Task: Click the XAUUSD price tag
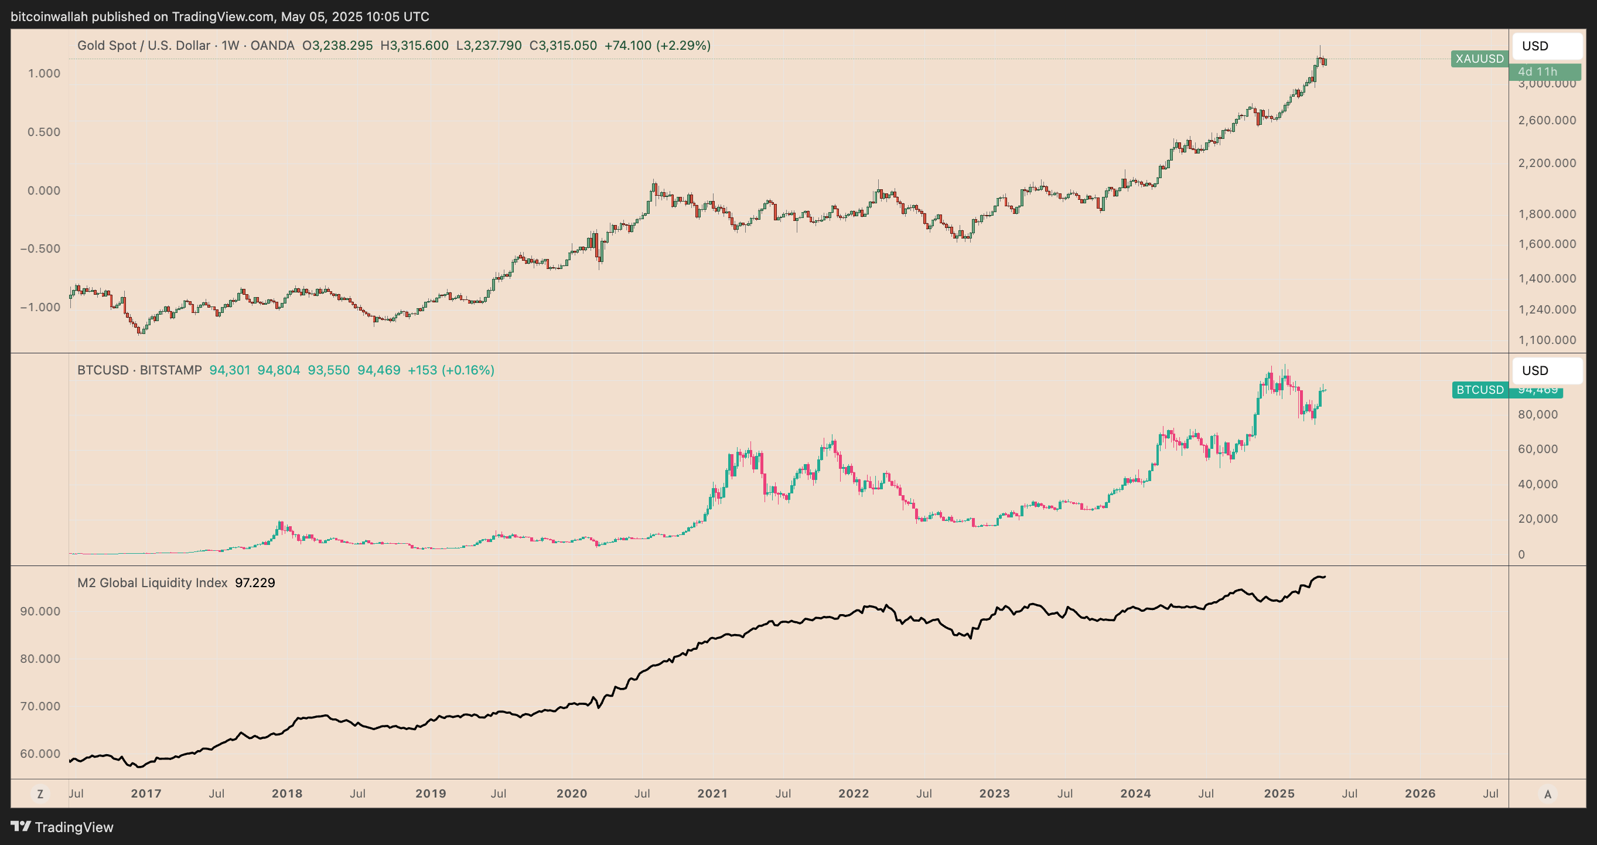pos(1479,59)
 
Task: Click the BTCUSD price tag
pos(1480,390)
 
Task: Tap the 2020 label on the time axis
pos(572,793)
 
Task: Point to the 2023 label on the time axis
pos(994,793)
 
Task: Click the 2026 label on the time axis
pos(1419,793)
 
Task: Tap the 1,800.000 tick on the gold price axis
pos(1547,214)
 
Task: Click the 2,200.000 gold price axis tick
pos(1547,163)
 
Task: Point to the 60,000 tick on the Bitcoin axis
pos(1537,449)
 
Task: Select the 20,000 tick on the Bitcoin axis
pos(1537,519)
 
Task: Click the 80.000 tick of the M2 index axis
pos(40,659)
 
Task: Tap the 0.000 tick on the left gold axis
pos(43,190)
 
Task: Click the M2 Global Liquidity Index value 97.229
pos(255,582)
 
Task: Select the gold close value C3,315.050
pos(563,46)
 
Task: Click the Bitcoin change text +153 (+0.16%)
pos(451,370)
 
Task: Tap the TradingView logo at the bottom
pos(62,827)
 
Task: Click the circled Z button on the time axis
pos(40,794)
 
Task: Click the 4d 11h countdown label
pos(1537,72)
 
